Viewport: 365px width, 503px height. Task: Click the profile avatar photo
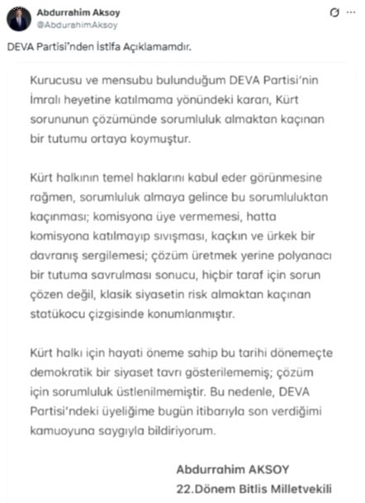pyautogui.click(x=19, y=18)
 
